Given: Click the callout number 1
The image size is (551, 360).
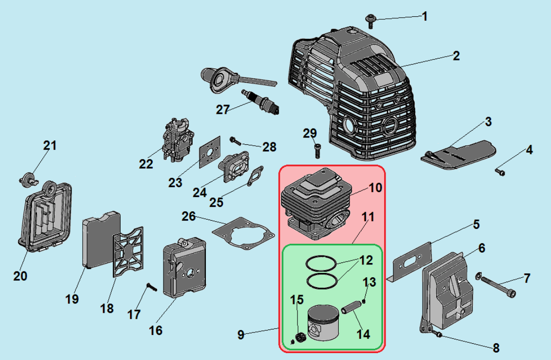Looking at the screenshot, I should click(424, 16).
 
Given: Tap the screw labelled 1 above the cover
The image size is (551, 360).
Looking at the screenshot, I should click(370, 20).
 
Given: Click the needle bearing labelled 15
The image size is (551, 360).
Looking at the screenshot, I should click(298, 337).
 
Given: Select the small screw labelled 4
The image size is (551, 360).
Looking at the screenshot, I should click(500, 172).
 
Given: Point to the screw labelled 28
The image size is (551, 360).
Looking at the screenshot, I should click(235, 141).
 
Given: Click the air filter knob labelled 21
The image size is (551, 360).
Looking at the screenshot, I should click(29, 178).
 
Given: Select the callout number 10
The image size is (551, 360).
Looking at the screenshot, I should click(375, 188).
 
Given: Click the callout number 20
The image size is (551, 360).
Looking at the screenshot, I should click(20, 276).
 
